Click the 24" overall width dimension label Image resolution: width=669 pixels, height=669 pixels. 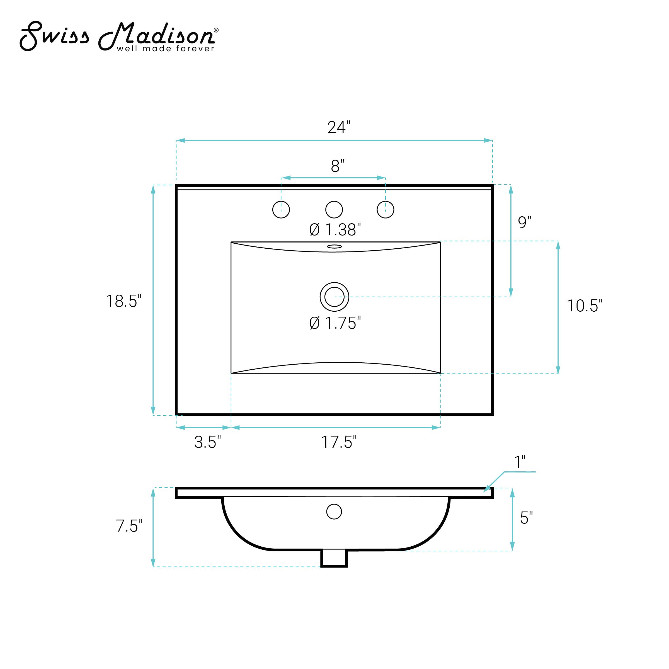pos(339,127)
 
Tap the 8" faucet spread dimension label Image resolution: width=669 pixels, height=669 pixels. pos(338,166)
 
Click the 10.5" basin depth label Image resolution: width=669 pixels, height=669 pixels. pos(585,306)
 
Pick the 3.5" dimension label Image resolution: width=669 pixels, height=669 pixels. pos(207,442)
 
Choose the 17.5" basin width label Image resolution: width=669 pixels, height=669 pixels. pos(339,442)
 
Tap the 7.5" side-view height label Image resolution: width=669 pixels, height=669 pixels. pos(129,526)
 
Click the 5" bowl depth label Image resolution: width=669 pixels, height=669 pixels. pos(526,518)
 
